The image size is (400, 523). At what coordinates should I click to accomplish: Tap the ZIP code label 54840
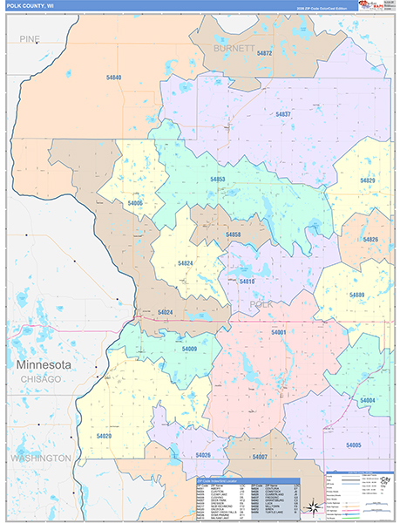click(112, 78)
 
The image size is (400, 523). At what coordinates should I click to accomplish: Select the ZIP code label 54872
click(265, 53)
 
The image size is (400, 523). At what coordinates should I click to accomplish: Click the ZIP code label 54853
click(217, 179)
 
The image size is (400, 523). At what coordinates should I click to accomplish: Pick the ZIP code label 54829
click(369, 180)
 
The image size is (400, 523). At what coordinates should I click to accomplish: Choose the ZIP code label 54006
click(134, 203)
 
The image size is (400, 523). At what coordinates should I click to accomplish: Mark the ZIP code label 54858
click(234, 235)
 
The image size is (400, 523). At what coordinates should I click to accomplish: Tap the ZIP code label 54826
click(371, 239)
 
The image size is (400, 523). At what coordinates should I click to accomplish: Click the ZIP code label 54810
click(247, 282)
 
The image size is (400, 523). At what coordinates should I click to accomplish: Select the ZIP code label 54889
click(356, 295)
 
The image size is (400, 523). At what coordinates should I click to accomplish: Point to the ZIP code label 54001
click(278, 333)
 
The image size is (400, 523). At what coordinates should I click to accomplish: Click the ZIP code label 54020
click(104, 435)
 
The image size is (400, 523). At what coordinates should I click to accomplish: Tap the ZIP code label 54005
click(353, 445)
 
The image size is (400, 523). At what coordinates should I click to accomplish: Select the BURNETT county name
click(234, 48)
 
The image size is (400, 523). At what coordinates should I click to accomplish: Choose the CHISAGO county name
click(41, 379)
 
